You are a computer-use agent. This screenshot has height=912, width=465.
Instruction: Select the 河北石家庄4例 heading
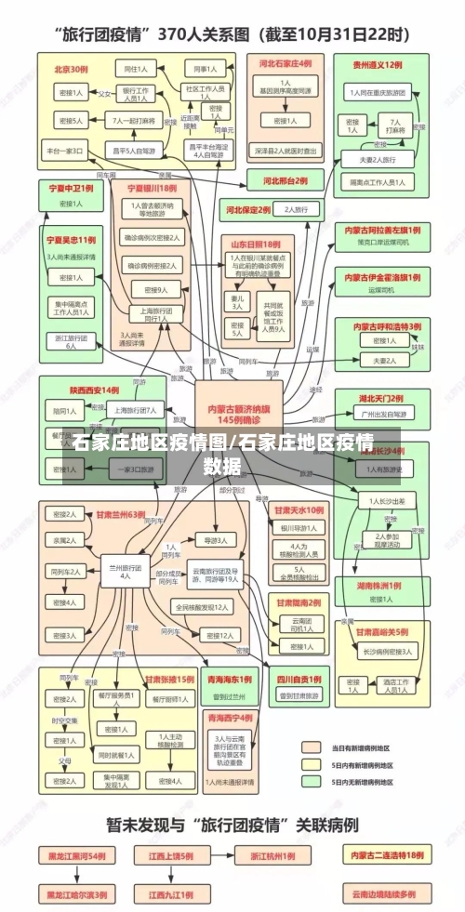pyautogui.click(x=286, y=64)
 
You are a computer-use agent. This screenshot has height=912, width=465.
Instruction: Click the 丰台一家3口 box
pyautogui.click(x=65, y=150)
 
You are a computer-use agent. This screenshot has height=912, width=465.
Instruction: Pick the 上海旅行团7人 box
pyautogui.click(x=137, y=409)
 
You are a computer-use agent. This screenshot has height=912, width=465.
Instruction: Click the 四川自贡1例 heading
pyautogui.click(x=298, y=678)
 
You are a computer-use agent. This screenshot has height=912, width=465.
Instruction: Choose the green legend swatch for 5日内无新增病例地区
pyautogui.click(x=312, y=782)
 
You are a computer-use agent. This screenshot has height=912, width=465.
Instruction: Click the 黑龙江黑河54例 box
pyautogui.click(x=73, y=854)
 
